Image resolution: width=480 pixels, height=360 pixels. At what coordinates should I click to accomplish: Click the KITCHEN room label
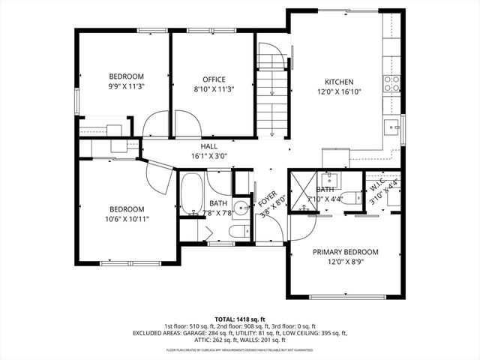point(338,82)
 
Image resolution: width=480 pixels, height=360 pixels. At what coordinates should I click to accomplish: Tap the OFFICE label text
point(214,79)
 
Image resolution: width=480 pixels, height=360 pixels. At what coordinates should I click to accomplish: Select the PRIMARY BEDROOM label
point(345,252)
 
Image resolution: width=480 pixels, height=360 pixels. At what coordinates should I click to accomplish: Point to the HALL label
point(209,146)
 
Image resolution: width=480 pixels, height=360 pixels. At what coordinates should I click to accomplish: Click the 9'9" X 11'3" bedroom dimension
point(126,85)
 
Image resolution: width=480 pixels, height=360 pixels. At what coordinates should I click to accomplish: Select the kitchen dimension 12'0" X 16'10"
point(338,93)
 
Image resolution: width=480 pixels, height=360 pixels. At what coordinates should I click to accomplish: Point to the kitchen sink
point(391,126)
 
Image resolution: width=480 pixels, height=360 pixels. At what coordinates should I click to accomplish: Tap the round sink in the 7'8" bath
point(240,208)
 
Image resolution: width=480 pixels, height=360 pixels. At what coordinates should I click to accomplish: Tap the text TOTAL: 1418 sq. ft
point(239,319)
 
